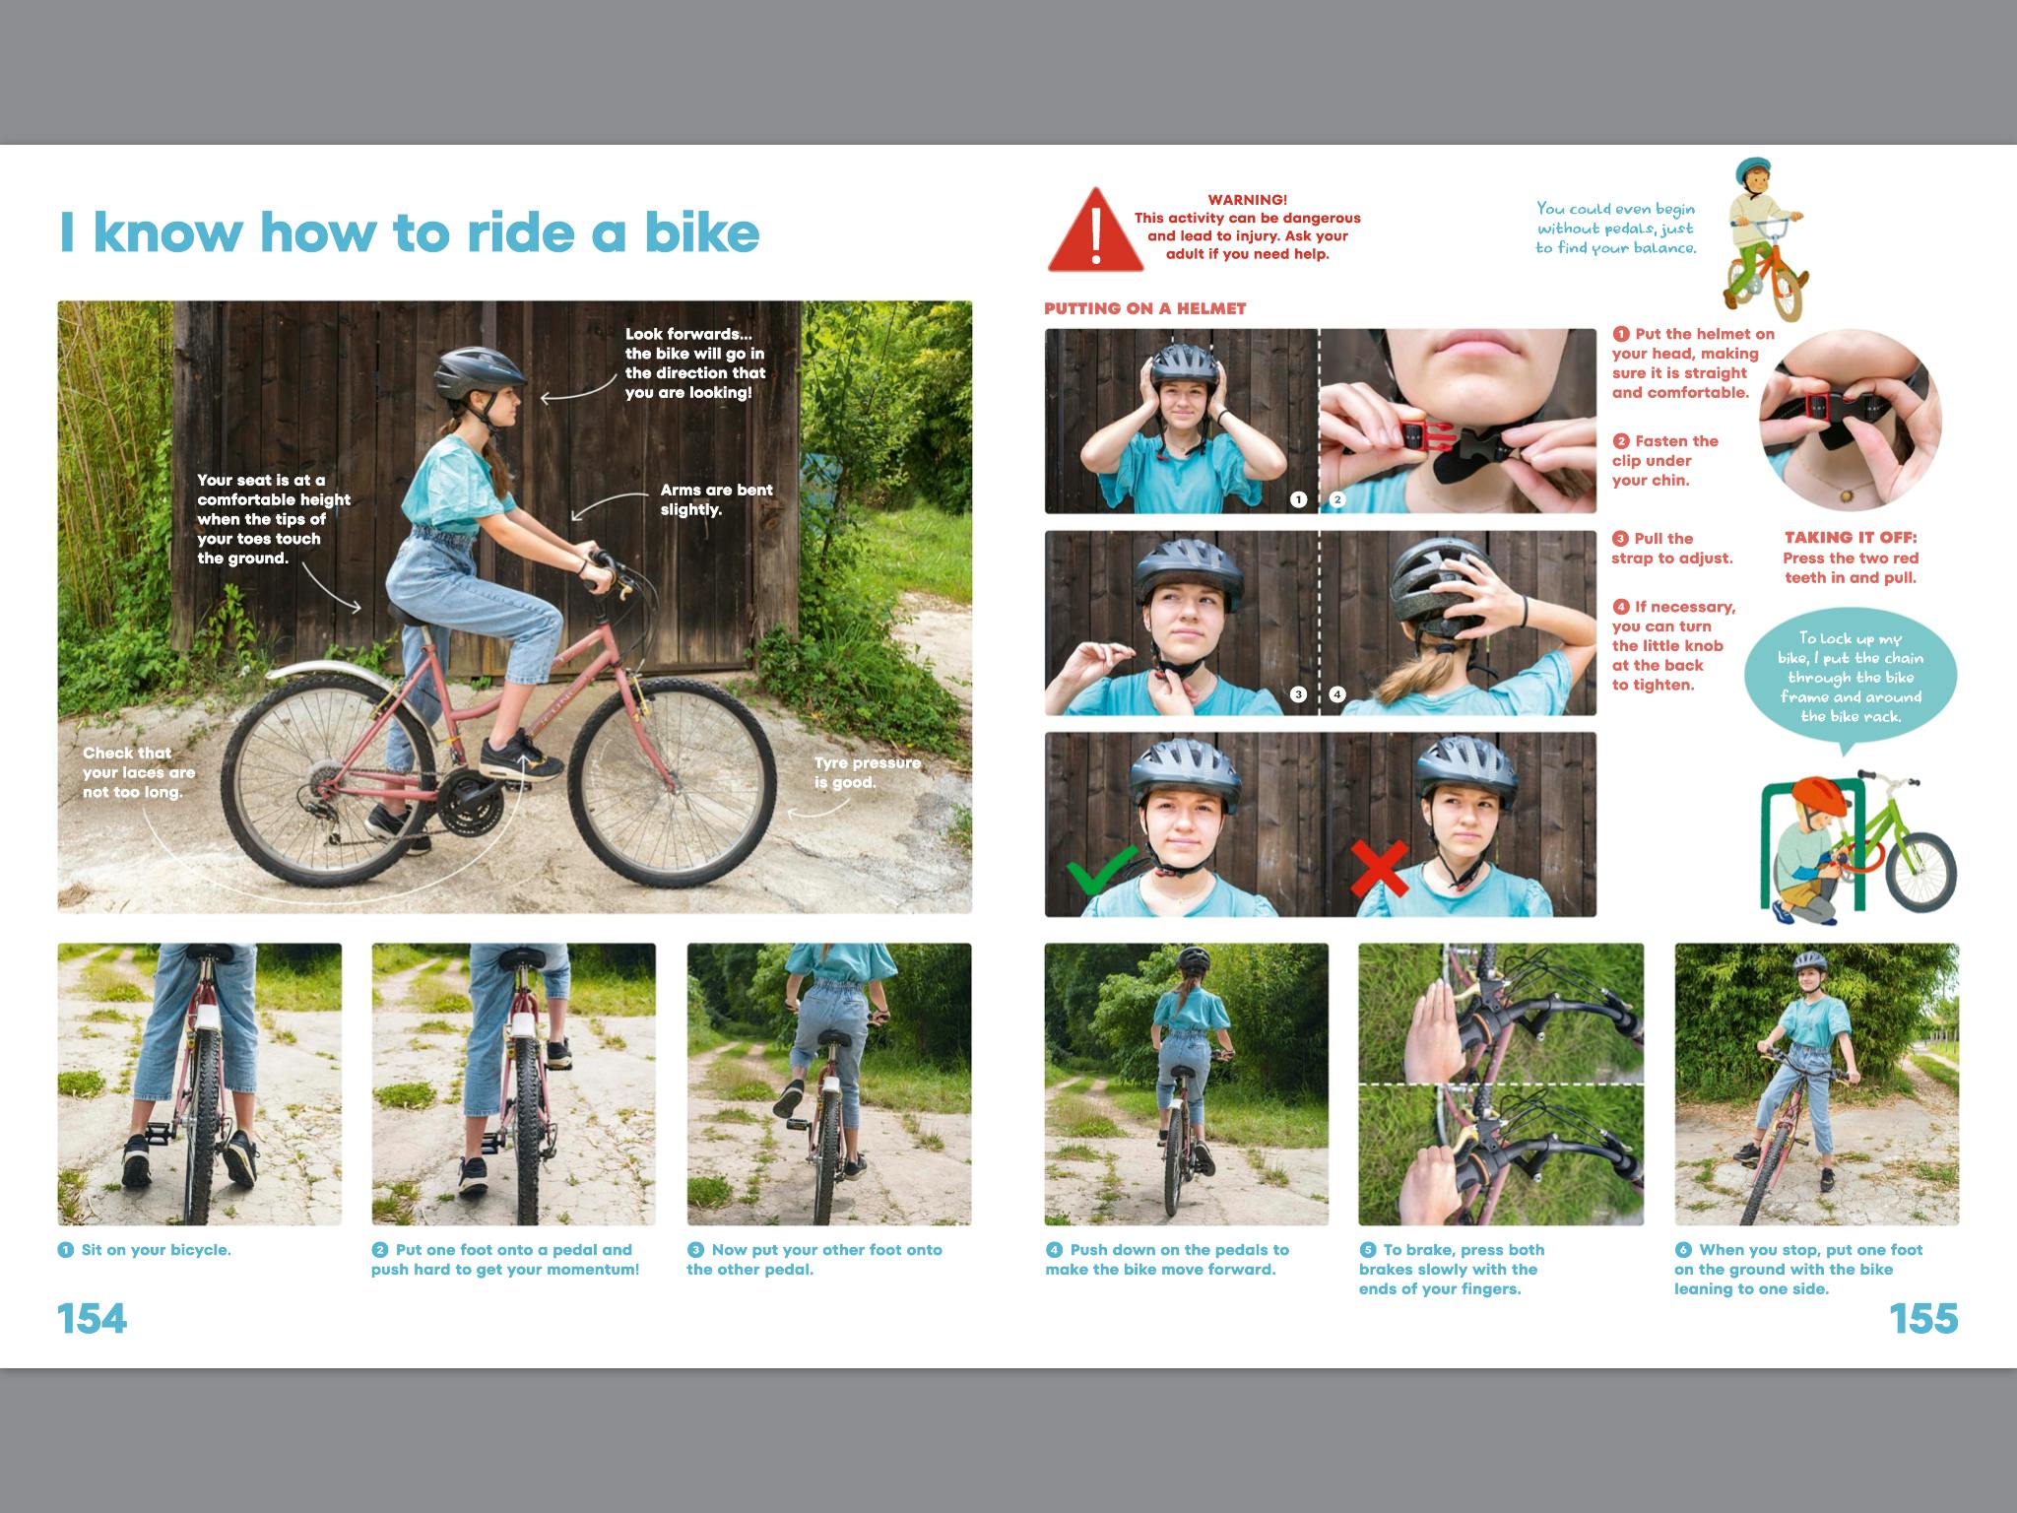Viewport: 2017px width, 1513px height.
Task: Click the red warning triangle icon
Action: (1095, 232)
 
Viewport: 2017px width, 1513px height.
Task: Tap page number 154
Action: (93, 1318)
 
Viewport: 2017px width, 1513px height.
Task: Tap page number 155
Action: (1923, 1318)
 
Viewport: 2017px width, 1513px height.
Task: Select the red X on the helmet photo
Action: (1380, 868)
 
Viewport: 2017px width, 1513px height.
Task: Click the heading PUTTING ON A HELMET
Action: (1144, 308)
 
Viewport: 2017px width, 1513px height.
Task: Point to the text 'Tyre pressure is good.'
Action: (868, 772)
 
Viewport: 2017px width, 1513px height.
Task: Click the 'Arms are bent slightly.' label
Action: (716, 499)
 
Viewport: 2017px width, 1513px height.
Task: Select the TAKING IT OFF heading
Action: (1851, 538)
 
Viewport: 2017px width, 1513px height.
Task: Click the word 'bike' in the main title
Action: (702, 231)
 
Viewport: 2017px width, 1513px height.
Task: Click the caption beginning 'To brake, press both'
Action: (1451, 1269)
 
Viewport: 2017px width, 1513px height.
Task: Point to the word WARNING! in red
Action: (1247, 200)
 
